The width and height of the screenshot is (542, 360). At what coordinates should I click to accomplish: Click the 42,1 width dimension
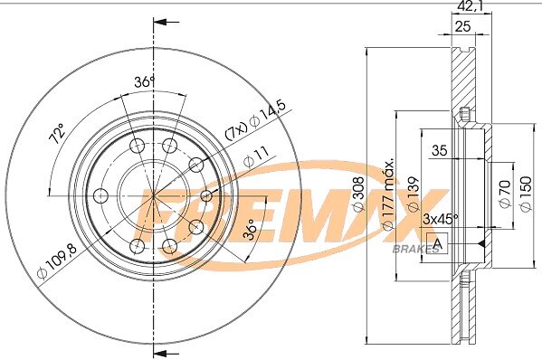(x=471, y=6)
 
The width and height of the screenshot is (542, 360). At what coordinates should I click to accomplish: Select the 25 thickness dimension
(x=462, y=26)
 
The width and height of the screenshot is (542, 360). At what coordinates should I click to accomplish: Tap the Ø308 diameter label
(x=359, y=194)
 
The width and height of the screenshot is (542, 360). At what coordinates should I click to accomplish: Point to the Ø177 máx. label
(x=388, y=194)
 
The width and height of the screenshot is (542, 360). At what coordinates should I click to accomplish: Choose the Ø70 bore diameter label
(x=506, y=194)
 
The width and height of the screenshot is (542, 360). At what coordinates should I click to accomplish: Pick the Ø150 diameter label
(x=525, y=194)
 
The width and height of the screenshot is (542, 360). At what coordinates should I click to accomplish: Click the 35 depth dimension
(x=440, y=150)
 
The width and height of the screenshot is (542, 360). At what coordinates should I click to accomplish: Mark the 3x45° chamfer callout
(x=441, y=219)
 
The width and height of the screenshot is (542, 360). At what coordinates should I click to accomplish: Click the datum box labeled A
(x=437, y=243)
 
